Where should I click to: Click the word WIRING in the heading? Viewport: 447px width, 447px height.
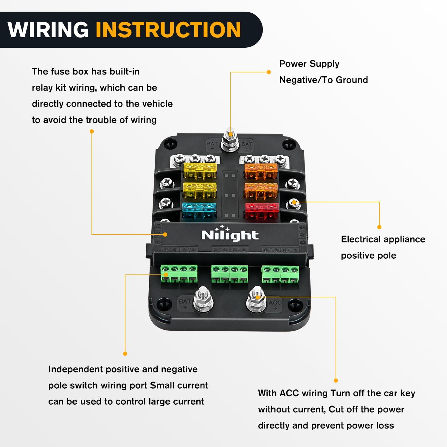48,30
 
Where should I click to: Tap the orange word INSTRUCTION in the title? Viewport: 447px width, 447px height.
168,30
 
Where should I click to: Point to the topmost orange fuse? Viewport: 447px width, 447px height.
261,170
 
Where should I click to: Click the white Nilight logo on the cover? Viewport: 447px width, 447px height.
229,235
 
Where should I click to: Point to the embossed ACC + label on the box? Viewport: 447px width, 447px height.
275,304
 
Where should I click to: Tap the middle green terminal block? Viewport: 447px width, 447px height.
229,274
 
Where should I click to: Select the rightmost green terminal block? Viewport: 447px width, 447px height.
280,274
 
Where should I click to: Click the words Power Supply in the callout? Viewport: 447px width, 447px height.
309,64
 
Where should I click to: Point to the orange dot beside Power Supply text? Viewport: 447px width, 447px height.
269,72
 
